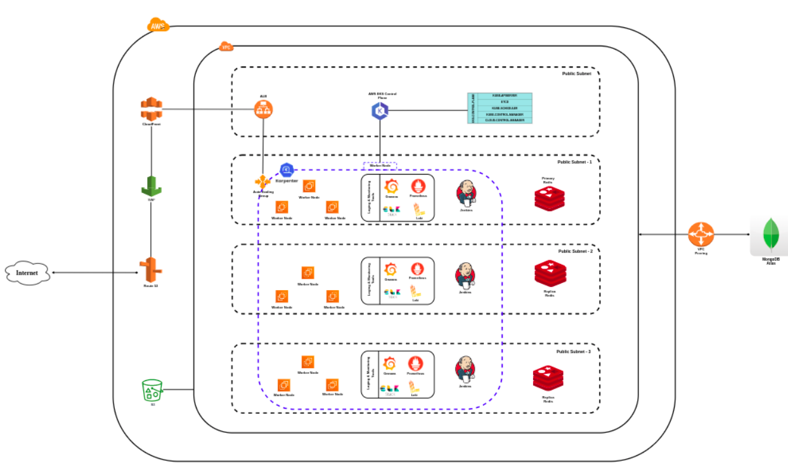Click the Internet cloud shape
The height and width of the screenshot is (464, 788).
27,272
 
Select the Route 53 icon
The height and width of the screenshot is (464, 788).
151,270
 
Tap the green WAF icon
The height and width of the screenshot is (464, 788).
151,186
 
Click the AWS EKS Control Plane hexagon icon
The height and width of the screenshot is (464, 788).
380,111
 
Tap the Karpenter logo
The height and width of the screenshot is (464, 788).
287,169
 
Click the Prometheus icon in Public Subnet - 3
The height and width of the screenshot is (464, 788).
416,364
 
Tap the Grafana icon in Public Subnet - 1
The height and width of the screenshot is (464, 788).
391,187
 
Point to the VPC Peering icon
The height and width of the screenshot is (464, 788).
701,235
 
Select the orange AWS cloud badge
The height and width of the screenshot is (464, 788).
158,26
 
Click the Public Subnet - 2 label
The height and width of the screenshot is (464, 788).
575,251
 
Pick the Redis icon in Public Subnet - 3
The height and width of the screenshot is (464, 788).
548,379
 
